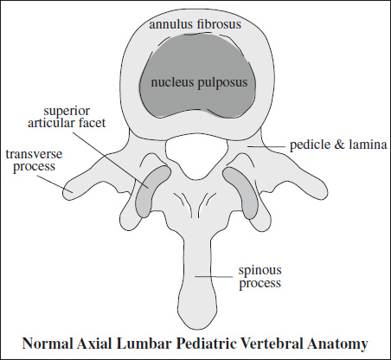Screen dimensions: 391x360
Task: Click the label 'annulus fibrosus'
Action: pos(195,24)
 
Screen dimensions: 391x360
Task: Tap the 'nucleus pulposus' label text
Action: pos(199,83)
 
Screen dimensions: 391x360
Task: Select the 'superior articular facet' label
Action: pos(67,117)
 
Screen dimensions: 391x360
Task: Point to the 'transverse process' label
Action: pos(34,160)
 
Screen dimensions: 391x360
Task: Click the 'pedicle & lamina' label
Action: pos(338,145)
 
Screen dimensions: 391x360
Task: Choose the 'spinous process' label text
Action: pos(260,277)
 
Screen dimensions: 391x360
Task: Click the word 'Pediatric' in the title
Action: pos(207,344)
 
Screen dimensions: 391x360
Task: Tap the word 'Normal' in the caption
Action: pos(48,344)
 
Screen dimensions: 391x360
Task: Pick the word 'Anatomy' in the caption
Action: pos(337,344)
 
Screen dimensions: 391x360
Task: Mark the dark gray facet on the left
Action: pos(151,191)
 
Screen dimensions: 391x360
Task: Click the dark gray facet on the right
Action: pos(241,193)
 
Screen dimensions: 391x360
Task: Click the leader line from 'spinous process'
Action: pos(214,277)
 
